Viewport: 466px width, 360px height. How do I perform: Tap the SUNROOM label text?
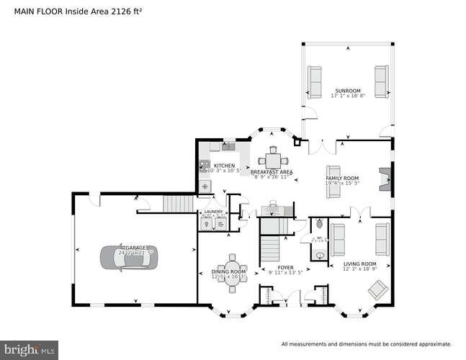348,90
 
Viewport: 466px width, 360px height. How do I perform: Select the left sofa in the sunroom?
315,81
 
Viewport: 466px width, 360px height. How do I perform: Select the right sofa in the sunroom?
381,81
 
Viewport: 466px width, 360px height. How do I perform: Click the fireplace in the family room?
385,177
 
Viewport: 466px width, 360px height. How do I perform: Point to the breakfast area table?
272,159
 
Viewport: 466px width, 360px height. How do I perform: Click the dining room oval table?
232,271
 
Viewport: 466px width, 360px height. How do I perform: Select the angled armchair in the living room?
377,289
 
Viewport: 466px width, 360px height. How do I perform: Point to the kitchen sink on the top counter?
229,147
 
